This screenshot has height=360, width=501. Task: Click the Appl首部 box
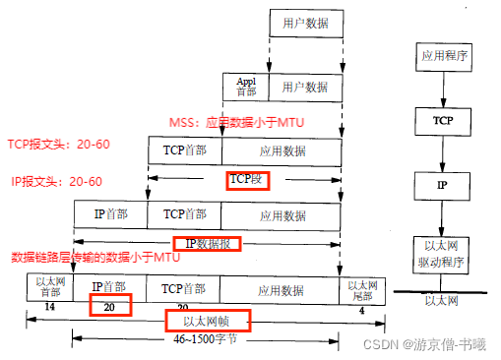(x=247, y=87)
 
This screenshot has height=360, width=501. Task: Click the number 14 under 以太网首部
(x=48, y=308)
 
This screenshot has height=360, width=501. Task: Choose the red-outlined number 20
(x=110, y=307)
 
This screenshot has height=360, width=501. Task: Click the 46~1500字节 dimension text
(x=204, y=340)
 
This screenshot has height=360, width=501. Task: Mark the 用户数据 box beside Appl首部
(x=305, y=87)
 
